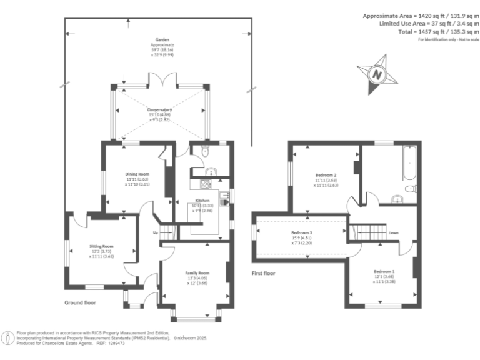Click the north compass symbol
(x=377, y=74)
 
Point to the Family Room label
(x=197, y=273)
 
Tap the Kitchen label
(x=202, y=201)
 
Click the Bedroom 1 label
(x=384, y=272)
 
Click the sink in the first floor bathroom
(x=396, y=200)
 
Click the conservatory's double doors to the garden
(x=160, y=79)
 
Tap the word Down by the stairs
(x=393, y=233)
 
